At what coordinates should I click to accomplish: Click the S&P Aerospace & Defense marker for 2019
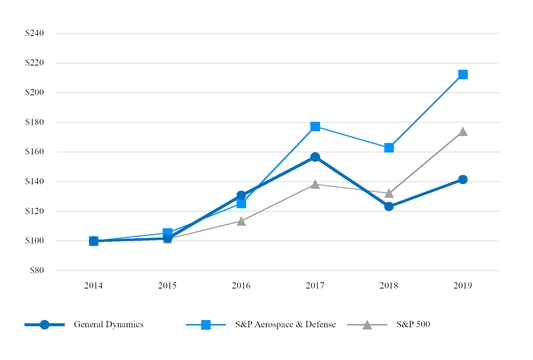[463, 74]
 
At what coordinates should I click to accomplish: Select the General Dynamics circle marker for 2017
[315, 157]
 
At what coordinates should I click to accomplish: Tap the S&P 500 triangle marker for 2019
[463, 131]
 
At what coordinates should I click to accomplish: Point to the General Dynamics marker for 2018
[389, 206]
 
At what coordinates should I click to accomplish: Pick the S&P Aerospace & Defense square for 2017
[315, 126]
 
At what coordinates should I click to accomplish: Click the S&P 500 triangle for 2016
[241, 220]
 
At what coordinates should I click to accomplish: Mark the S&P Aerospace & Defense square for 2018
[389, 147]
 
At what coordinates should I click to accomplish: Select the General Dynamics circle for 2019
[463, 179]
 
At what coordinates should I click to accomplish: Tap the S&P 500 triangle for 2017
[315, 183]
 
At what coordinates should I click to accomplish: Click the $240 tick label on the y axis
[35, 33]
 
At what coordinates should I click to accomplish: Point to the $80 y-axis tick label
[37, 270]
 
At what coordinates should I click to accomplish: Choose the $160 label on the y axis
[35, 152]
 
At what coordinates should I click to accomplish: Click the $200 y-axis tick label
[35, 92]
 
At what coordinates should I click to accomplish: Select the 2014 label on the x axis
[93, 285]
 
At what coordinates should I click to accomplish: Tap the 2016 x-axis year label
[241, 285]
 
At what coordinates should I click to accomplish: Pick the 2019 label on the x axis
[463, 285]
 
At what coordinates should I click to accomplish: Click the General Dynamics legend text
[108, 326]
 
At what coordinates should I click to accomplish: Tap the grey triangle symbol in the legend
[367, 325]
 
